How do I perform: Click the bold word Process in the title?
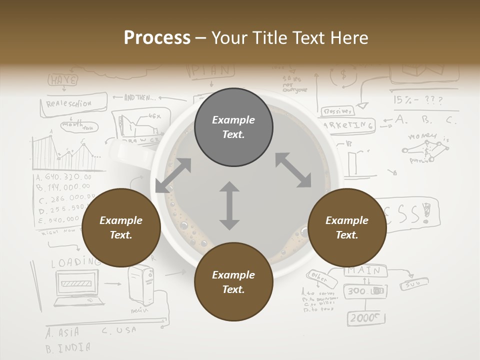pyautogui.click(x=157, y=37)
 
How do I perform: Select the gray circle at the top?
pyautogui.click(x=233, y=127)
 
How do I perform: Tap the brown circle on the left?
pyautogui.click(x=121, y=227)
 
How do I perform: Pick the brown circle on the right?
pyautogui.click(x=347, y=227)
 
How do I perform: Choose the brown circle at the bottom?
pyautogui.click(x=233, y=282)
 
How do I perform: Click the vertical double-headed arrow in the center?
pyautogui.click(x=229, y=206)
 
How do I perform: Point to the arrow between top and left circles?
pyautogui.click(x=173, y=175)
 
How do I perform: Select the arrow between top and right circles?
pyautogui.click(x=293, y=170)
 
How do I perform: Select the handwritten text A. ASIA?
pyautogui.click(x=62, y=332)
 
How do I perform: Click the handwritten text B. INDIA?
pyautogui.click(x=68, y=347)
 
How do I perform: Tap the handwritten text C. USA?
pyautogui.click(x=118, y=330)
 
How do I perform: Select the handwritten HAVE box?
pyautogui.click(x=63, y=79)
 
